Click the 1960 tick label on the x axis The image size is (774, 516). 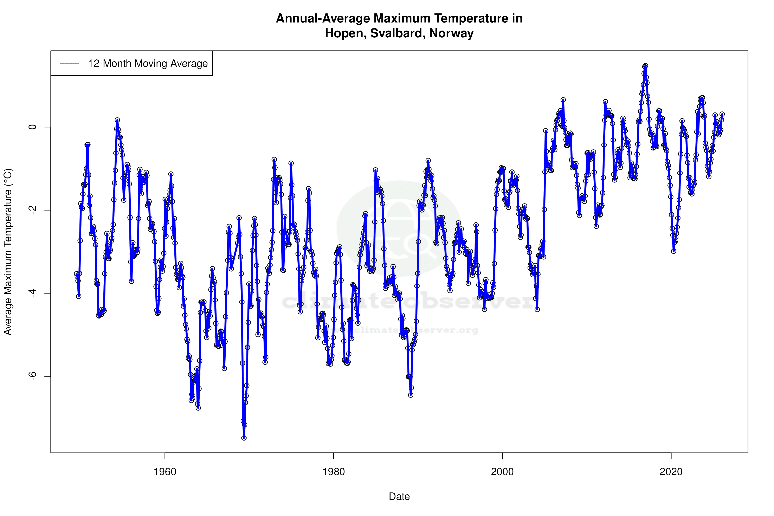pos(165,472)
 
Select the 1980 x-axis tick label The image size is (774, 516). pos(334,472)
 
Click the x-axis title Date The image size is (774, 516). pos(399,497)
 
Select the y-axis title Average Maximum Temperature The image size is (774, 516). pos(8,252)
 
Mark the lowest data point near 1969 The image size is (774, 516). pos(244,438)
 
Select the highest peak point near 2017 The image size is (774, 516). pos(645,66)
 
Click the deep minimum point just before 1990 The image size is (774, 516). pos(411,395)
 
